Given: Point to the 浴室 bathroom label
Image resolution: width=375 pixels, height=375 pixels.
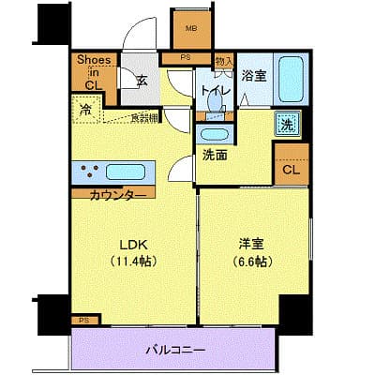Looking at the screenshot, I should click(254, 77).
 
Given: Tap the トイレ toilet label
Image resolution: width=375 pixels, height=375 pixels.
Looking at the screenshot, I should click(209, 91).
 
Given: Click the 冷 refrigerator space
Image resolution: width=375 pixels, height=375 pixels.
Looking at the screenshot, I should click(86, 110).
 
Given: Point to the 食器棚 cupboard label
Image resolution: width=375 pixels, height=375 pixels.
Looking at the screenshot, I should click(143, 116).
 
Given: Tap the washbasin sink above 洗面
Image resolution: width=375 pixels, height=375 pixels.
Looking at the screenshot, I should click(219, 134).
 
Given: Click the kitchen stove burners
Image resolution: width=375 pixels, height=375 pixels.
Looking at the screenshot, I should click(91, 172).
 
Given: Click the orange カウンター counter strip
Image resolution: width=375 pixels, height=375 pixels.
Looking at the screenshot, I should click(117, 194).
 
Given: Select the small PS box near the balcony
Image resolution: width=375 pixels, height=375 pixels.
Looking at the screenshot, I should click(83, 321).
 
